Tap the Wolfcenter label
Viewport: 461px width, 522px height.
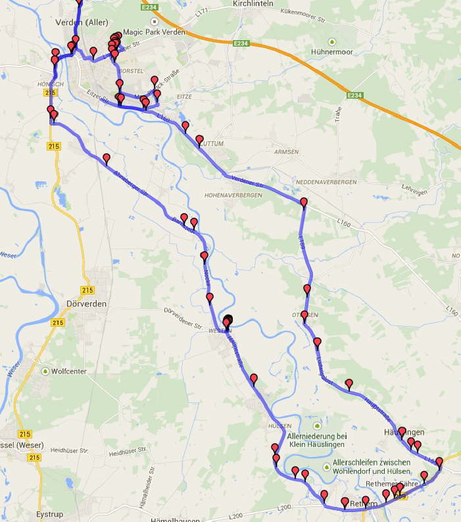pyautogui.click(x=69, y=371)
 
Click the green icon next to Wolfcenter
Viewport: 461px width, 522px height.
pyautogui.click(x=45, y=371)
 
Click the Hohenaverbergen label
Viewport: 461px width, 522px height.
pyautogui.click(x=233, y=195)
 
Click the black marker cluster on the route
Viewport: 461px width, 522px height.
pyautogui.click(x=228, y=321)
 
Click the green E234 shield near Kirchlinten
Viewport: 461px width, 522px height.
pyautogui.click(x=241, y=43)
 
